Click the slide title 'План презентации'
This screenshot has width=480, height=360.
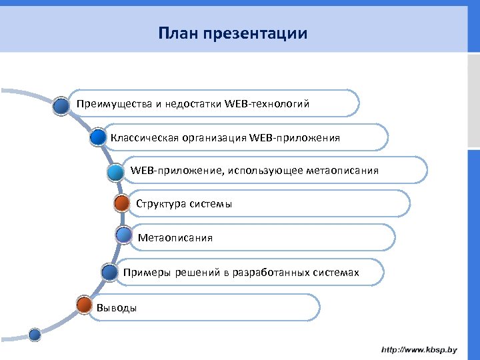click(233, 33)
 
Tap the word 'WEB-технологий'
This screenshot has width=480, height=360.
click(267, 104)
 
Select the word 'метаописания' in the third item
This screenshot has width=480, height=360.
click(342, 171)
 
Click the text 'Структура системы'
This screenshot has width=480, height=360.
click(184, 204)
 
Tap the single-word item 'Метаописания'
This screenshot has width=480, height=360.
click(175, 238)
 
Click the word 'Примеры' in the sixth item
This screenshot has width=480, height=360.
click(144, 272)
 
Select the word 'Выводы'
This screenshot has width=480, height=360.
click(117, 307)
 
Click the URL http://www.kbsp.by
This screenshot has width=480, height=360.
click(419, 349)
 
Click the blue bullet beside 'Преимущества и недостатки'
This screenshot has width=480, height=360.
click(62, 105)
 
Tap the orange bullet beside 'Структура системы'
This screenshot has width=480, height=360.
click(122, 203)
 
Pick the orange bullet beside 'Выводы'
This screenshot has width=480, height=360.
click(84, 305)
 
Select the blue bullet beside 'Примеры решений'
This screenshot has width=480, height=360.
click(109, 271)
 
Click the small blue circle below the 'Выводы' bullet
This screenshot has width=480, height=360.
click(35, 334)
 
